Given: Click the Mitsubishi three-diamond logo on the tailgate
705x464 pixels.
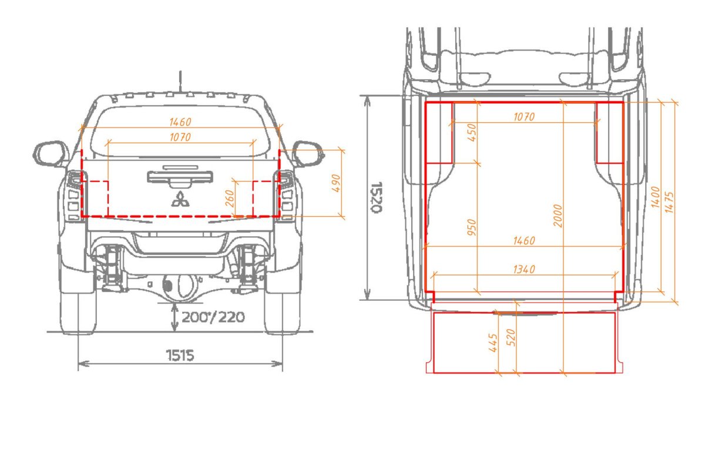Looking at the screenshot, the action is pyautogui.click(x=180, y=199).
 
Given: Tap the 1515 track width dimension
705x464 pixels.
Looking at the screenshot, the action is pyautogui.click(x=180, y=355).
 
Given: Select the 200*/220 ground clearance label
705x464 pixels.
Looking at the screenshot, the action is pyautogui.click(x=213, y=317).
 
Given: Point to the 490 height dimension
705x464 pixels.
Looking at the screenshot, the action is pyautogui.click(x=336, y=183).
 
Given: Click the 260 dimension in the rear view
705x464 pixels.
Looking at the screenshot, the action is pyautogui.click(x=230, y=199).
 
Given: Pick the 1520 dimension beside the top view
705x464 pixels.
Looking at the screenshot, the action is pyautogui.click(x=376, y=197).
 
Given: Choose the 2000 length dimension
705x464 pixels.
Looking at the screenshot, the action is pyautogui.click(x=558, y=216).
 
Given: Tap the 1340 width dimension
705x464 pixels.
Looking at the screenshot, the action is pyautogui.click(x=524, y=269).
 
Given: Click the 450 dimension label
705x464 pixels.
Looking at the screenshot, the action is pyautogui.click(x=472, y=132).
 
